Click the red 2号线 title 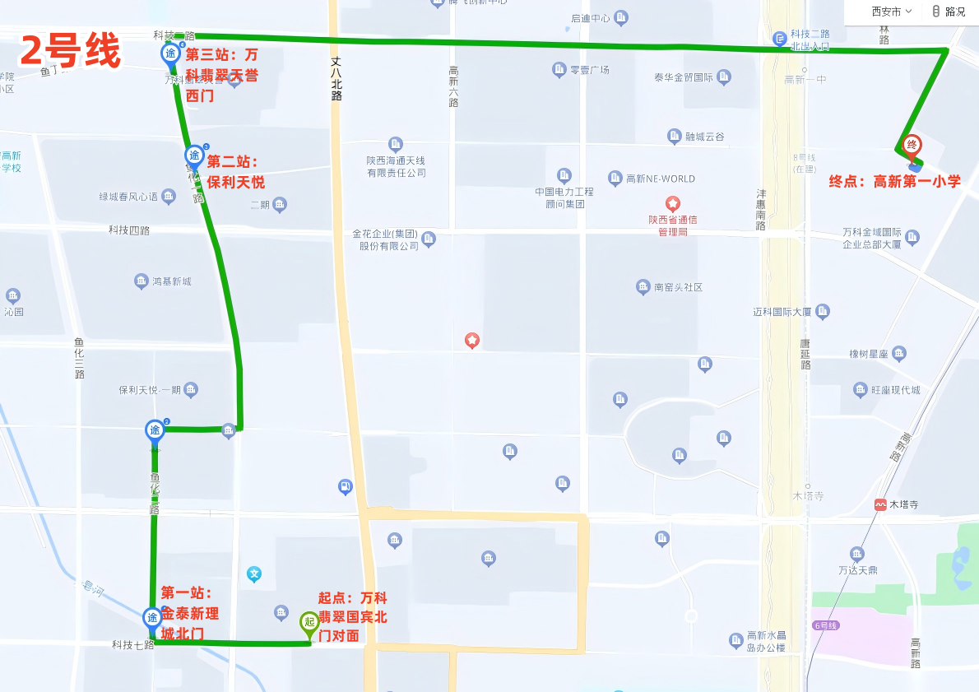70,52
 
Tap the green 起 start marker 309,622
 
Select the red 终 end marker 912,146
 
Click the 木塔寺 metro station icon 881,504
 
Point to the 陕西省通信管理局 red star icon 674,202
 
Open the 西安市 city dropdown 892,12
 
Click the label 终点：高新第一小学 894,182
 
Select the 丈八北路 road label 336,78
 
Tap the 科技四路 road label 129,230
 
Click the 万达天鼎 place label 858,569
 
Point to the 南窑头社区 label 678,287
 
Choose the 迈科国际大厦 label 782,312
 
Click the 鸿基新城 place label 171,281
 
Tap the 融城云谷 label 705,137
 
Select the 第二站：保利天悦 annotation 235,171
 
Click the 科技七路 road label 132,644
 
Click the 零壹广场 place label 590,70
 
